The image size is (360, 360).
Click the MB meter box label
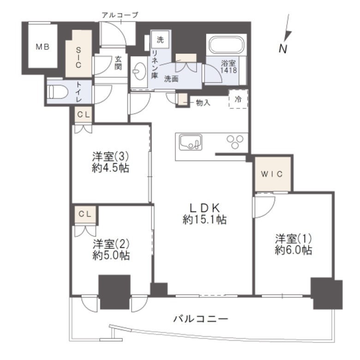[x=43, y=47]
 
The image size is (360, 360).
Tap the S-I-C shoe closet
[x=78, y=54]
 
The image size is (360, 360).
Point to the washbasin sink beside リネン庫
[x=140, y=71]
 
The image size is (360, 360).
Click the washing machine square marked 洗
[x=161, y=40]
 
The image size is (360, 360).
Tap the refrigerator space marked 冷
[x=238, y=99]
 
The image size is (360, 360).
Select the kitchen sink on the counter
[x=191, y=142]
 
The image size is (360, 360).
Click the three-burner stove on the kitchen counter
[x=235, y=142]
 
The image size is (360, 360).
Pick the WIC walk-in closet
[x=273, y=174]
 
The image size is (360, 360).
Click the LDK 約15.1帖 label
[x=204, y=214]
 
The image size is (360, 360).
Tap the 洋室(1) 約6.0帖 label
[x=294, y=244]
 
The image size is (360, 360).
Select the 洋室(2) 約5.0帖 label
[x=111, y=250]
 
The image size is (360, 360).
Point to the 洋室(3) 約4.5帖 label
[x=110, y=162]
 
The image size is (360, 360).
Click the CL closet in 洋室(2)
[x=85, y=215]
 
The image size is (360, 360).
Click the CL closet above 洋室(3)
[x=84, y=114]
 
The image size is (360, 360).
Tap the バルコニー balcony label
[x=201, y=318]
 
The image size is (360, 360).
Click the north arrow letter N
[x=283, y=48]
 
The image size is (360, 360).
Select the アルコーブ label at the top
[x=120, y=15]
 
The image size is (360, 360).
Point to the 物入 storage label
[x=203, y=102]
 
